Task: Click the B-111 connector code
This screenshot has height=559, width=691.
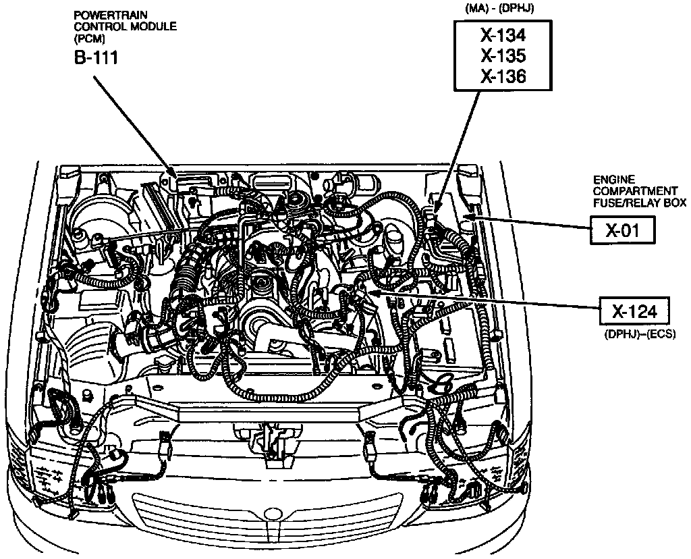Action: click(x=96, y=57)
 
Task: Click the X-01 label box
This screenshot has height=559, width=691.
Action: click(x=621, y=231)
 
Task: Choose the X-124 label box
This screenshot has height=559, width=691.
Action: click(x=634, y=312)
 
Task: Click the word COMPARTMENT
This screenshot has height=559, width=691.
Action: click(x=626, y=190)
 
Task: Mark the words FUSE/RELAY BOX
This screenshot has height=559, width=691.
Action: click(x=638, y=202)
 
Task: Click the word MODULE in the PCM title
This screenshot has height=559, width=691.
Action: click(x=154, y=27)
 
